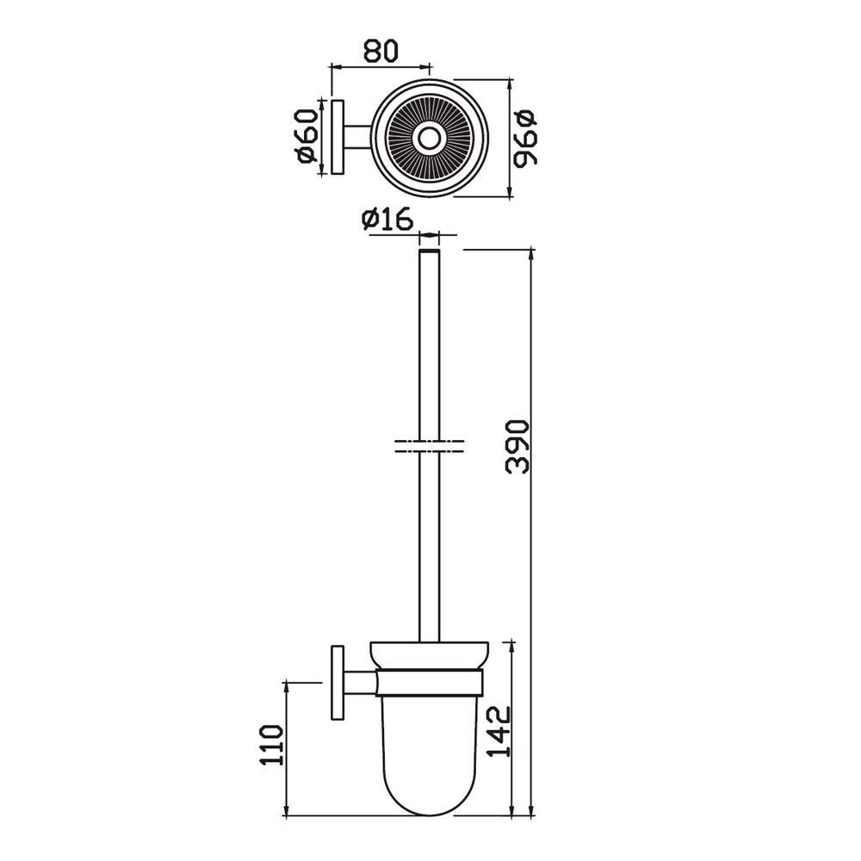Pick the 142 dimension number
(499, 731)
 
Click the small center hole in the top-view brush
(426, 139)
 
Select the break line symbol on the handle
(429, 448)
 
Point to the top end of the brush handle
(429, 254)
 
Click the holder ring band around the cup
(430, 685)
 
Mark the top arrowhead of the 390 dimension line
(533, 255)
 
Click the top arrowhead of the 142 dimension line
(514, 645)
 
